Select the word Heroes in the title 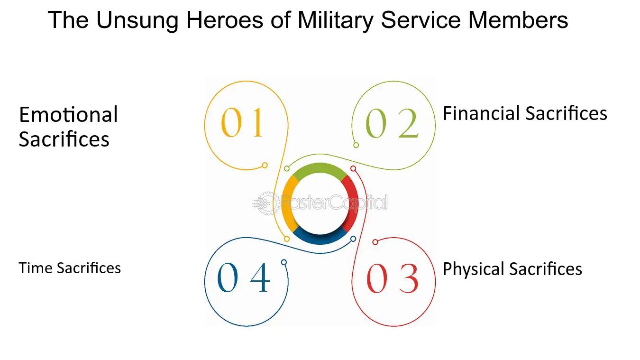225,20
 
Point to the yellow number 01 242,122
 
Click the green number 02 392,123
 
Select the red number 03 393,278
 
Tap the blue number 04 243,277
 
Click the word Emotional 68,114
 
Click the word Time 36,268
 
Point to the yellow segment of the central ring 287,203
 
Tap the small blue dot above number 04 283,262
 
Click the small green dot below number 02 356,145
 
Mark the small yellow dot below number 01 265,165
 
